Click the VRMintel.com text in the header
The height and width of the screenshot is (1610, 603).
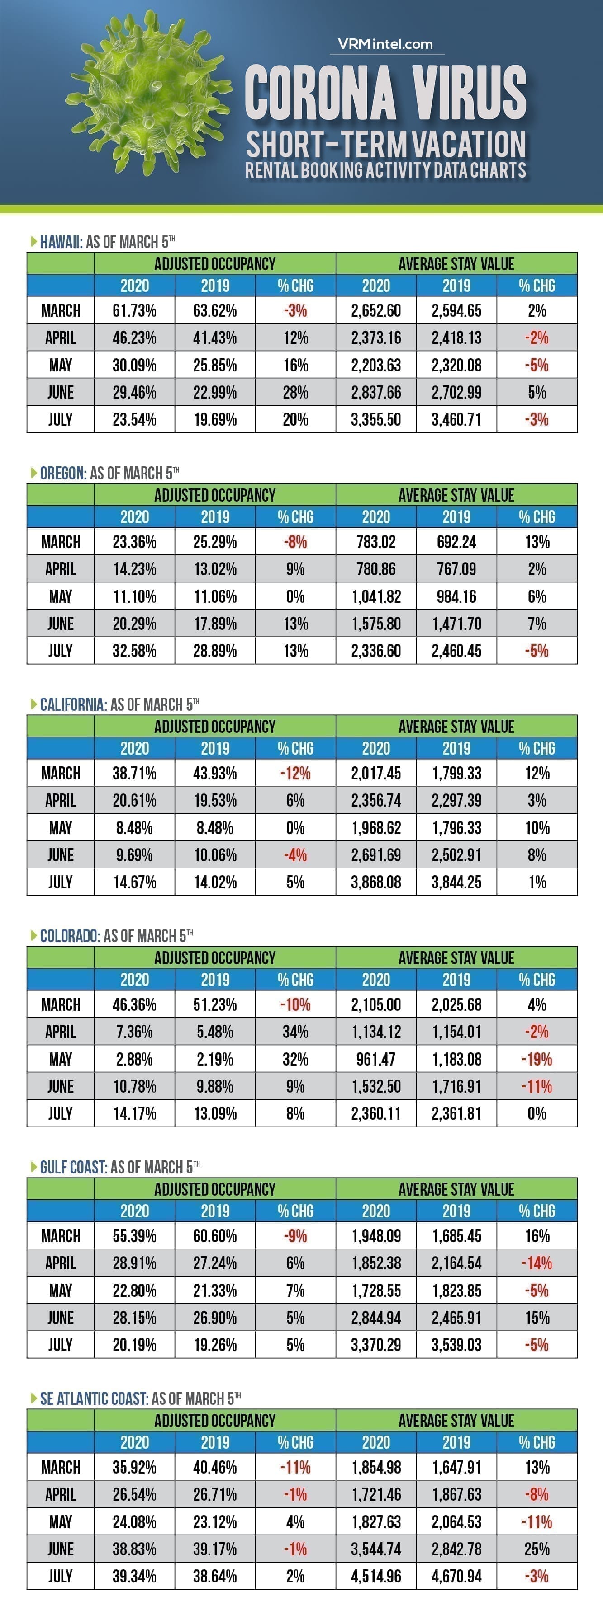pos(385,44)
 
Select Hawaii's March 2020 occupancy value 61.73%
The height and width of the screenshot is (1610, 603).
pos(134,310)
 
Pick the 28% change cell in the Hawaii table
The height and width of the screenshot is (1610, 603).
pos(295,393)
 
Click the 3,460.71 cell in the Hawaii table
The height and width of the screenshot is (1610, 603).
pos(456,419)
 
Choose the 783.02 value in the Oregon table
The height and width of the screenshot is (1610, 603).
pos(376,542)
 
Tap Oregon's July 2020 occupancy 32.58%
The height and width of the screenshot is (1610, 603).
pos(134,651)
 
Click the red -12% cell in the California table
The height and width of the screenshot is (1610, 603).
pos(295,773)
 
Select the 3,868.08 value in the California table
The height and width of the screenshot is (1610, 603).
pos(376,882)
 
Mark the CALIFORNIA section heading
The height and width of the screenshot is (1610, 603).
pos(72,704)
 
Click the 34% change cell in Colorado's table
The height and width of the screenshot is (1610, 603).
pos(295,1032)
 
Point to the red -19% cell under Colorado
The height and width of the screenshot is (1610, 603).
pos(537,1059)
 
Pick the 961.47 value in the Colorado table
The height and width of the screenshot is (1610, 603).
pos(376,1059)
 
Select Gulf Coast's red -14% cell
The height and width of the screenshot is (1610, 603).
pos(537,1263)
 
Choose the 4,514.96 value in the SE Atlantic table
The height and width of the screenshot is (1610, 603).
pos(376,1576)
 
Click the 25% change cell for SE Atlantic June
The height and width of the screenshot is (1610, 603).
pos(537,1549)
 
